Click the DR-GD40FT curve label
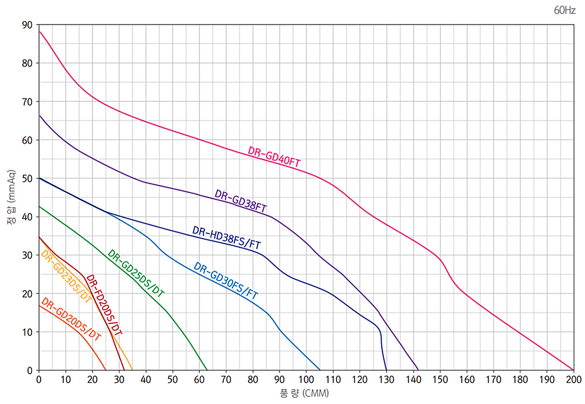tap(274, 157)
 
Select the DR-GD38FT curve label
tap(241, 200)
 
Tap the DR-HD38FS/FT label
tap(226, 237)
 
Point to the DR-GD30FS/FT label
tap(226, 280)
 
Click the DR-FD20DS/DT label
tap(103, 304)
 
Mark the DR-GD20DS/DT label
tap(70, 319)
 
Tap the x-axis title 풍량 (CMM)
tap(305, 394)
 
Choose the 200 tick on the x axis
tap(573, 379)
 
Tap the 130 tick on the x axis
tap(386, 379)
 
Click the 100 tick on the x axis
tap(306, 379)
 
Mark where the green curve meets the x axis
tap(207, 370)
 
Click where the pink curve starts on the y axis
tap(39, 31)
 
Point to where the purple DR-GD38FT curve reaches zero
tap(418, 370)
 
